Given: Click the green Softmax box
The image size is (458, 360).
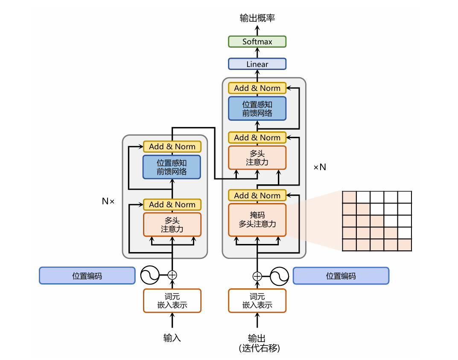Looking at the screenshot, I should tap(257, 41).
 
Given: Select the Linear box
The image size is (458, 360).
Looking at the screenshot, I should tap(257, 64).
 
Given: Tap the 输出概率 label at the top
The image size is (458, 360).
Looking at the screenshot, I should tap(257, 18).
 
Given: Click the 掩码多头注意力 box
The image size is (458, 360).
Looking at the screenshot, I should tap(257, 220).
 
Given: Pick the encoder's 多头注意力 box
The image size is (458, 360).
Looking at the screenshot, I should tap(172, 224).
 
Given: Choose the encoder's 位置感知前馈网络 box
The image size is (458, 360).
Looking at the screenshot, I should tap(172, 167).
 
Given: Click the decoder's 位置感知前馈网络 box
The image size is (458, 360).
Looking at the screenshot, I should tap(257, 108).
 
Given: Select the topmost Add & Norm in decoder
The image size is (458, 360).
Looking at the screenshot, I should tap(257, 88).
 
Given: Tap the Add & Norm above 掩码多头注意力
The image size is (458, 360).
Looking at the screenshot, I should tap(257, 195).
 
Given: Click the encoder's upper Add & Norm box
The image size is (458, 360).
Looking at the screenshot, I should tap(172, 146).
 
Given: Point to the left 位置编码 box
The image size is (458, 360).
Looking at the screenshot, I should tap(87, 276).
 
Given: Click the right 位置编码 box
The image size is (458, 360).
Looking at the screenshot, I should tap(341, 276).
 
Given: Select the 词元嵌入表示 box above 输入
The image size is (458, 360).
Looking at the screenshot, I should tap(172, 301).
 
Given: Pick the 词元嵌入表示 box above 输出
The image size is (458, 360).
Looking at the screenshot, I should tap(257, 301).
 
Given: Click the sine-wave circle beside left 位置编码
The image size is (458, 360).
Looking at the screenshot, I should tap(149, 275).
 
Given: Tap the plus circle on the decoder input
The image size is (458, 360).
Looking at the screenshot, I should tap(257, 276).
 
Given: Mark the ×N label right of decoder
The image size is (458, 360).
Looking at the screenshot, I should tap(320, 167).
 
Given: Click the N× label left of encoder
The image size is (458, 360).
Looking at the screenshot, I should tap(108, 201).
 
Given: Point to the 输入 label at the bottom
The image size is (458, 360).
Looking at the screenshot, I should tap(172, 338).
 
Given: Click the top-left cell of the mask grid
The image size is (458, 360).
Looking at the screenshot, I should tap(349, 197).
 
